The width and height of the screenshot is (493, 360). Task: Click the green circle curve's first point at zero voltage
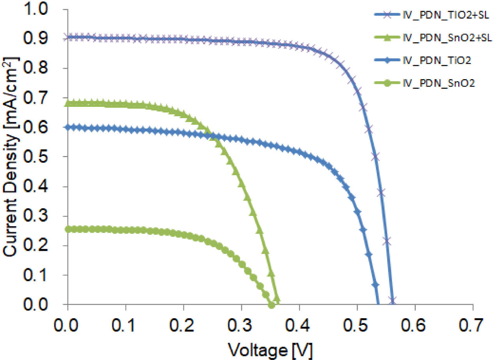pyautogui.click(x=68, y=229)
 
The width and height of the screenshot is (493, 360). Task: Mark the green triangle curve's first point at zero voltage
pyautogui.click(x=68, y=103)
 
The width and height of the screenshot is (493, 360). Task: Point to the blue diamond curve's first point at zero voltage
pyautogui.click(x=68, y=127)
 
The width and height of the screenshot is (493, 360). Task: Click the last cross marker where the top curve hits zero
pyautogui.click(x=392, y=300)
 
